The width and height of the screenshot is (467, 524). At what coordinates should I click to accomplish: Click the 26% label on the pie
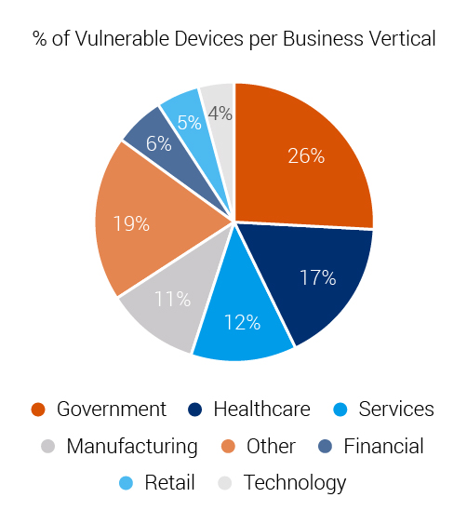coord(305,156)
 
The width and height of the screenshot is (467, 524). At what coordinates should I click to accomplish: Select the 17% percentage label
coord(317,277)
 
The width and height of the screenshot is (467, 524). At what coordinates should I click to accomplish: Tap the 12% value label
coord(243,323)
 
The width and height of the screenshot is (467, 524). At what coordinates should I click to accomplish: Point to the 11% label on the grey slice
coord(173,299)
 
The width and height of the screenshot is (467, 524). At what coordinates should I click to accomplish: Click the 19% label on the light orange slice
coord(132,223)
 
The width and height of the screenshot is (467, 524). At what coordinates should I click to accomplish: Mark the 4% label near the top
coord(220,114)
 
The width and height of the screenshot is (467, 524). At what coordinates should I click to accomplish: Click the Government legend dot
coord(38,410)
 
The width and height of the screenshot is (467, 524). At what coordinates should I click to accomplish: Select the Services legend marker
coord(340,410)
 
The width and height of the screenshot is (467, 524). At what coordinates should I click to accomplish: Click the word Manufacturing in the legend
coord(131,446)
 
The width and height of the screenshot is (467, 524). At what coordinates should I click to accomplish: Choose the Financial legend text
coord(383,446)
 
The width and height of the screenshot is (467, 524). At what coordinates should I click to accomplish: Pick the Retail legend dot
coord(127,483)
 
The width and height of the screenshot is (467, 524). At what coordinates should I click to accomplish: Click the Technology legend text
coord(294,483)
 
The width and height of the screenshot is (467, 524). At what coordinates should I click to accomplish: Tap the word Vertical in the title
coord(400,39)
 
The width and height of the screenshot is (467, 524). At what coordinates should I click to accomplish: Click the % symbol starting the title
coord(40,39)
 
